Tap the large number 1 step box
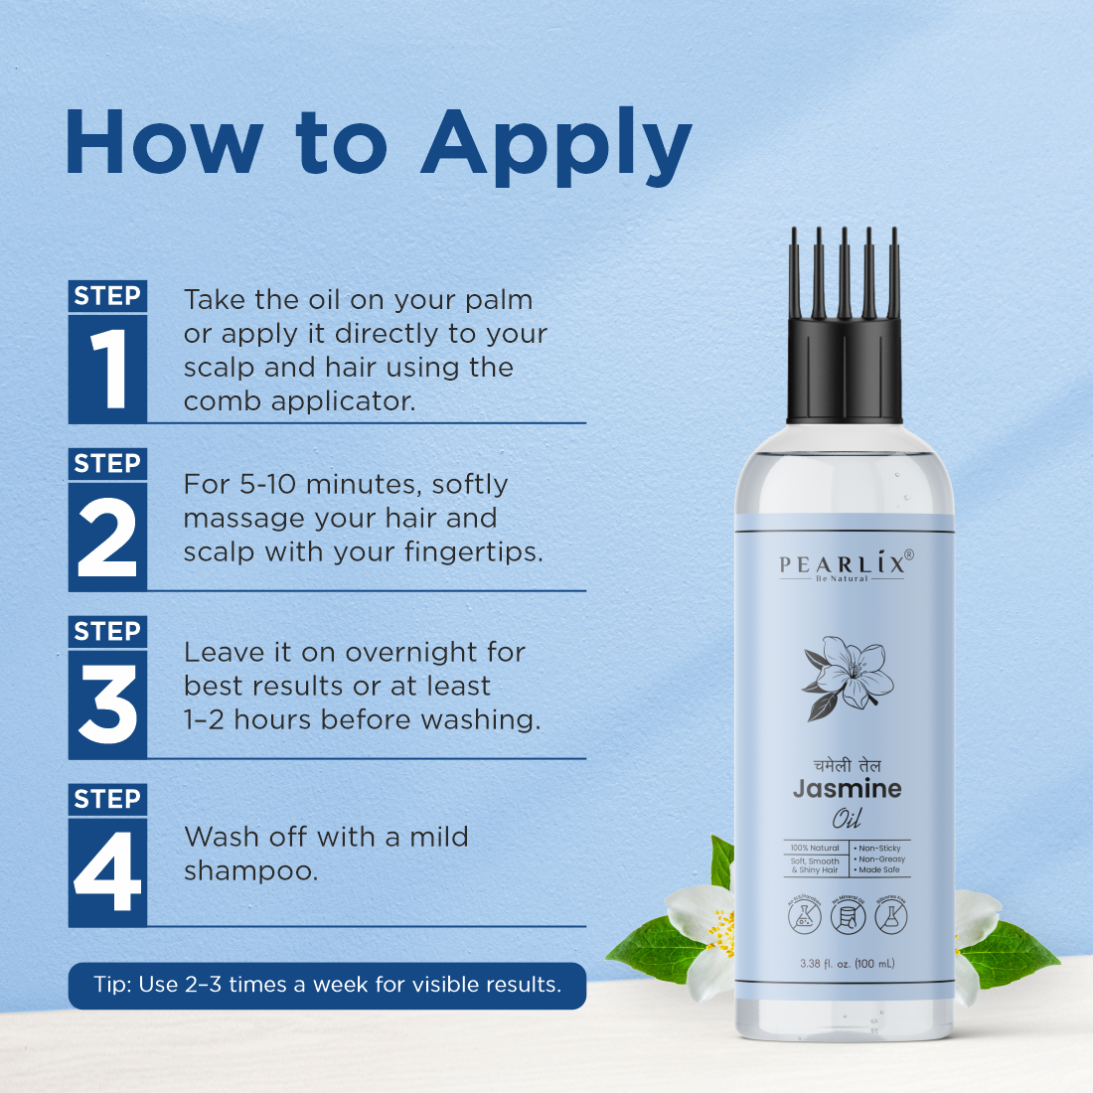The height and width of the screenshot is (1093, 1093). point(108,369)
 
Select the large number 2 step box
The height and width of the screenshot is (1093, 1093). point(108,538)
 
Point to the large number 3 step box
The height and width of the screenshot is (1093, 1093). point(108,704)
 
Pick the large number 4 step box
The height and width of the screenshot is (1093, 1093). point(108,872)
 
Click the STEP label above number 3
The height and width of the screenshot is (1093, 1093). point(107,632)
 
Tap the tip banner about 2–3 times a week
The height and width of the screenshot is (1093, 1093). point(327,985)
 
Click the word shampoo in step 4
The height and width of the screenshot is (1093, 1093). point(250,871)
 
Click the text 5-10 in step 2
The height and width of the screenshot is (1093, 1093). point(268,485)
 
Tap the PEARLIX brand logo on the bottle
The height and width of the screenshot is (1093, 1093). point(845,565)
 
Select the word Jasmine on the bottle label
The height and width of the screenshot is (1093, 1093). point(847,789)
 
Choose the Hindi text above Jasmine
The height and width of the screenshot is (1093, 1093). point(847,765)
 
